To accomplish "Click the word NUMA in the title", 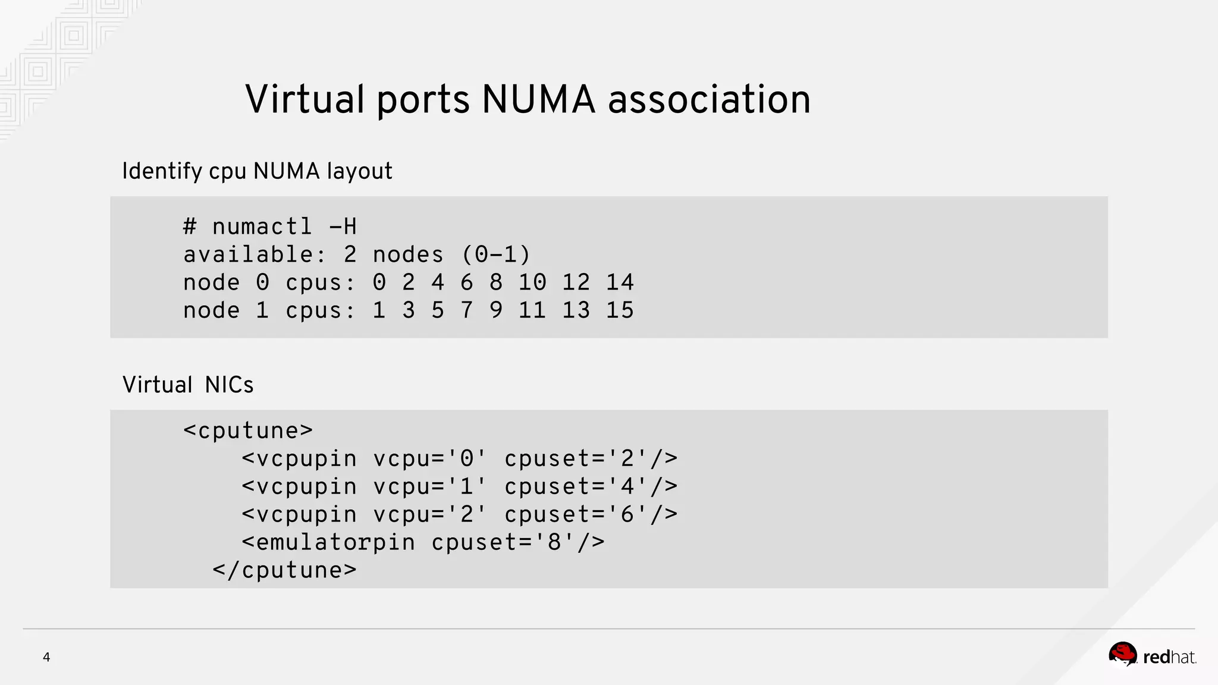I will (x=538, y=99).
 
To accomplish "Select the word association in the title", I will (x=709, y=99).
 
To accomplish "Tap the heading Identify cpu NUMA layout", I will (x=257, y=171).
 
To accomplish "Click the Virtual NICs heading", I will (x=188, y=385).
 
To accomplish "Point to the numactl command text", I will (x=262, y=227).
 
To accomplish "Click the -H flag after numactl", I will (x=343, y=227).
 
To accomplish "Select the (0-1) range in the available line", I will (x=495, y=254).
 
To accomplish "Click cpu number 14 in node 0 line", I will (x=620, y=282).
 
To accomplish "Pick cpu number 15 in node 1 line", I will (x=620, y=310).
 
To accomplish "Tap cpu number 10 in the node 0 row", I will (x=532, y=282).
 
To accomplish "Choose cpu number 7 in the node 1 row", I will (x=466, y=310).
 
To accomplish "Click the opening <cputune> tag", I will (x=248, y=431).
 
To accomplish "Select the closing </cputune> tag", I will (x=284, y=570).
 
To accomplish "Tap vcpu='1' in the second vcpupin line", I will (x=430, y=486).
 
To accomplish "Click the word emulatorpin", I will (x=335, y=542).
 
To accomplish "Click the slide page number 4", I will (x=46, y=657).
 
